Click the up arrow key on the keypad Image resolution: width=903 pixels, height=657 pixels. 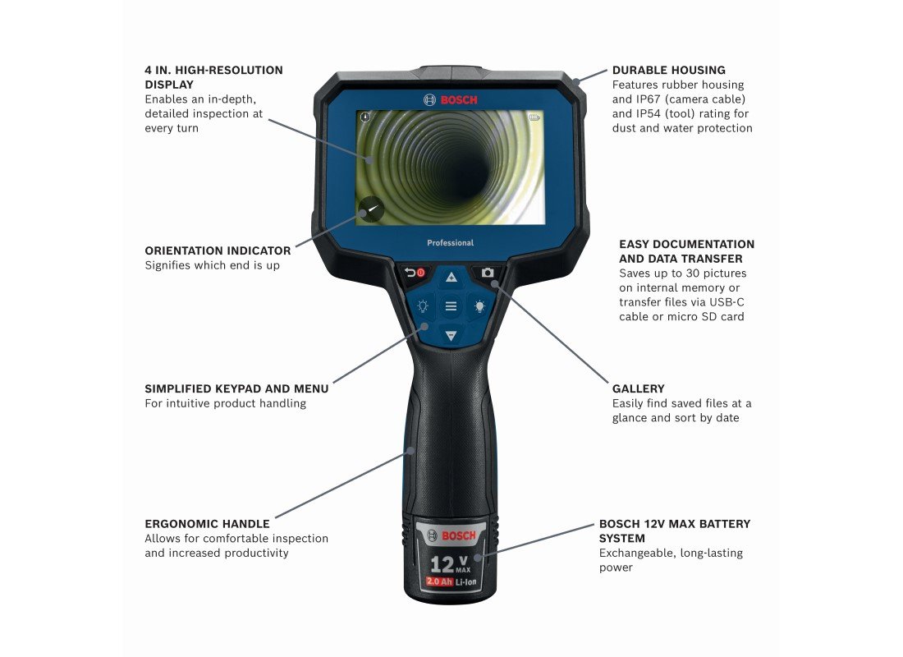(x=451, y=278)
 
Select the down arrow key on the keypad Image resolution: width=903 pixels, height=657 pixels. (x=451, y=335)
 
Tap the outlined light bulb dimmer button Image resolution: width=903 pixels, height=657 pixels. (x=423, y=306)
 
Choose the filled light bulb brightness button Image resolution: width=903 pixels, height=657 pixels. (x=479, y=306)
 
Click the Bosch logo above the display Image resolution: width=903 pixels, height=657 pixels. (x=451, y=99)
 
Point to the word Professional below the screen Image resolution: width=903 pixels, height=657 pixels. (x=451, y=242)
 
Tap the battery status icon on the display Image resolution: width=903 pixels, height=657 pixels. (x=534, y=117)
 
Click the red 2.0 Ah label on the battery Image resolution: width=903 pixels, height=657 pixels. (x=439, y=581)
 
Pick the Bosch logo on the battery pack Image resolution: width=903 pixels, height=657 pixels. (x=451, y=536)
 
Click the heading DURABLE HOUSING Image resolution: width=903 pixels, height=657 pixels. (x=668, y=71)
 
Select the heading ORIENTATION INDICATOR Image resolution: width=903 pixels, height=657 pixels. (x=218, y=250)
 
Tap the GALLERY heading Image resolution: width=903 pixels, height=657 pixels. (x=638, y=389)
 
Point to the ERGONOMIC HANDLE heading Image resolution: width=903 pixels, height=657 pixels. (x=208, y=524)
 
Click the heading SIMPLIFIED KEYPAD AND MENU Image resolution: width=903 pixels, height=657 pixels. (x=236, y=389)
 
